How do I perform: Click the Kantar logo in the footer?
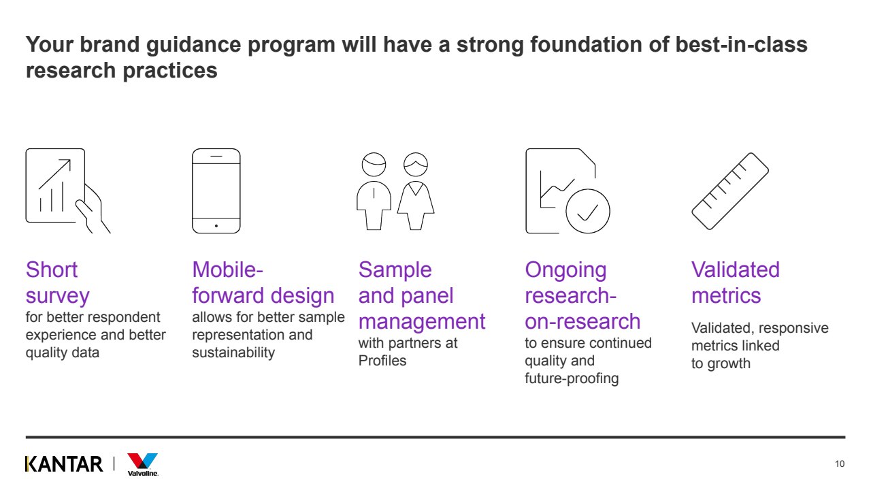click(x=64, y=464)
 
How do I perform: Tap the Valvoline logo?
click(x=143, y=465)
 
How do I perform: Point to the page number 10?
click(x=840, y=464)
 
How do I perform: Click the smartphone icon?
click(x=216, y=191)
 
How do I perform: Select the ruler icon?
click(x=730, y=191)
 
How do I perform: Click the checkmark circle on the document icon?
click(x=587, y=211)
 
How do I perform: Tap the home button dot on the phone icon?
click(x=216, y=226)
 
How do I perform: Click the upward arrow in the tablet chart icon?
click(x=55, y=174)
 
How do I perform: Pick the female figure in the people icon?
click(x=416, y=191)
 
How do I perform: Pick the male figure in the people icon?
click(x=374, y=191)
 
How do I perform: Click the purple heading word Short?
click(x=52, y=270)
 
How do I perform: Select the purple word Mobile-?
click(x=227, y=270)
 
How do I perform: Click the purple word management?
click(x=421, y=322)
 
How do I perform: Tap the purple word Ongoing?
click(x=565, y=270)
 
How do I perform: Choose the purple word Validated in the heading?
click(x=736, y=270)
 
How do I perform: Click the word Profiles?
click(x=382, y=361)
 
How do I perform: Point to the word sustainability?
click(x=233, y=353)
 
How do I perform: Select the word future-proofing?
click(x=572, y=378)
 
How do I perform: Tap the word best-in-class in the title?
click(x=741, y=44)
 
